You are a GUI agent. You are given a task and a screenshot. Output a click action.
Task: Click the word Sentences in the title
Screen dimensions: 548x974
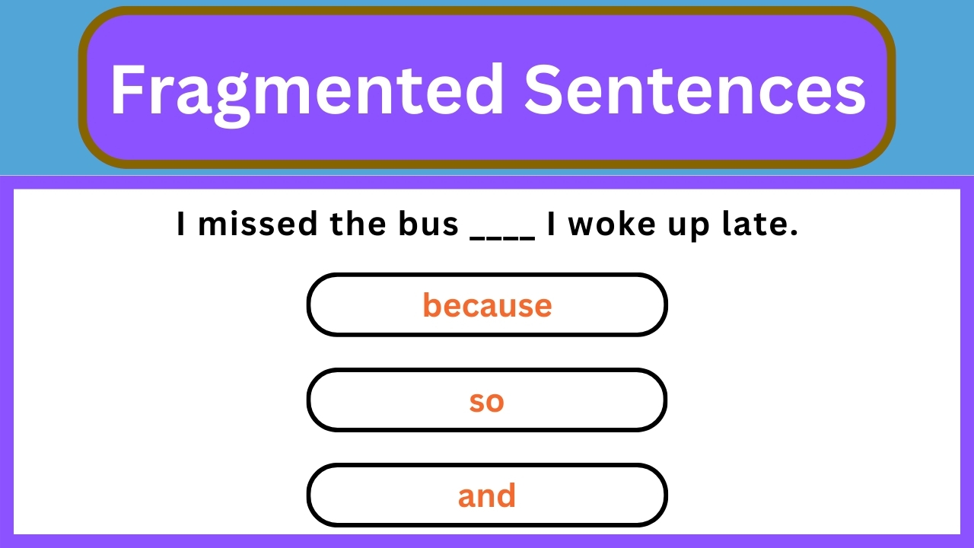(695, 90)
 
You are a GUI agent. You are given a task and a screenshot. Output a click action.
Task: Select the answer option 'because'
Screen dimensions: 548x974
(487, 305)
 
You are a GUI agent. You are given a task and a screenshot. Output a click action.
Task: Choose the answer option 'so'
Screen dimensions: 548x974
(487, 401)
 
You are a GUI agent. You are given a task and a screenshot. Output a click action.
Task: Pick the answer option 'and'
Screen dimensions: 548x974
(487, 496)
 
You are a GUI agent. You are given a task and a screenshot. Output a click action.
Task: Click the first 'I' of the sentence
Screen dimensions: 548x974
(181, 225)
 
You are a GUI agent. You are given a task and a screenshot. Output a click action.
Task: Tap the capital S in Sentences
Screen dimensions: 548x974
(542, 90)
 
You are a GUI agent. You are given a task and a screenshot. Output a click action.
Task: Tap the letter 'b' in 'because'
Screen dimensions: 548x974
(431, 305)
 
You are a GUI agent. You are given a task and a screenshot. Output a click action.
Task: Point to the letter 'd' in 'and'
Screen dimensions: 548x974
(507, 496)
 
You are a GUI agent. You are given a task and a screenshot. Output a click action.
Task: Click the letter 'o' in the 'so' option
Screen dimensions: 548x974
(495, 403)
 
